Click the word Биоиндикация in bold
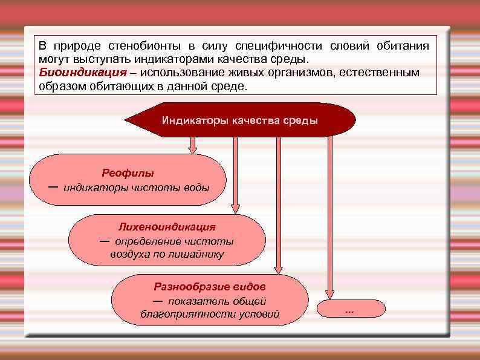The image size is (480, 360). [x=73, y=73]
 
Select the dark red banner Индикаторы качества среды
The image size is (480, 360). [x=239, y=120]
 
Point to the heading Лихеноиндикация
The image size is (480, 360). [x=167, y=227]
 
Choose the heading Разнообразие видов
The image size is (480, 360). [x=210, y=287]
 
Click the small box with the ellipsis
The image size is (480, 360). [x=349, y=309]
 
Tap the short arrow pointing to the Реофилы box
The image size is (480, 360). [x=193, y=146]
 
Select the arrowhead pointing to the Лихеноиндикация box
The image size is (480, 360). [x=235, y=209]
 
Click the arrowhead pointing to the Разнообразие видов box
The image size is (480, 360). [x=278, y=269]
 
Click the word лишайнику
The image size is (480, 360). [x=198, y=255]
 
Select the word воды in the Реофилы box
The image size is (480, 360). [x=196, y=187]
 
